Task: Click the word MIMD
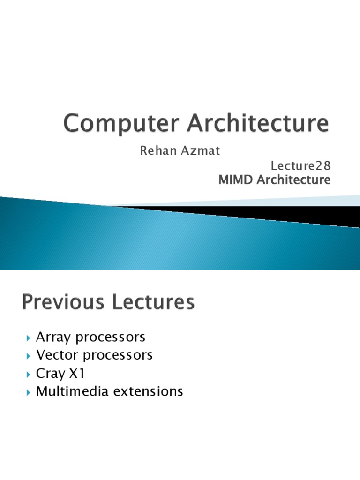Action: [x=234, y=180]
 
